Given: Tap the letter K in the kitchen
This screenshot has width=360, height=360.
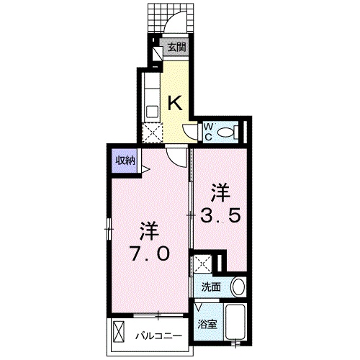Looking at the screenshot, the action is coord(176,103).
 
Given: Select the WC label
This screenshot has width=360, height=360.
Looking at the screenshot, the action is coord(208,132).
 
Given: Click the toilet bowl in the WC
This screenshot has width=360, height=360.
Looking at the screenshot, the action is coord(226,132).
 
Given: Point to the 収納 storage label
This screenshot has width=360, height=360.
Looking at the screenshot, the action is coord(125,161).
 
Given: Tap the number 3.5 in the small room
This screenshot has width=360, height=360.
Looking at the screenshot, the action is coord(220,215).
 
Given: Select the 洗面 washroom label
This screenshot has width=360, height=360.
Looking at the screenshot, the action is coord(211,287).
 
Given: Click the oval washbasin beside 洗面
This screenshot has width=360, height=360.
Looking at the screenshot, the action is coord(238,287).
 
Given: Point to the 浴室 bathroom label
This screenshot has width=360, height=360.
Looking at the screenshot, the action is coord(207,325).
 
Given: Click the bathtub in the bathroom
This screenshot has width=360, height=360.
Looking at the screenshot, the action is coord(235,321).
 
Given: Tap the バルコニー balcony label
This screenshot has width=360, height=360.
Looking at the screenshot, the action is coord(158,336).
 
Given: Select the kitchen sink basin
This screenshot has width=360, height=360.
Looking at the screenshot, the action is coord(153,112).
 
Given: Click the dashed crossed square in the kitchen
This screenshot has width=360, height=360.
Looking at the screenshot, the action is coord(152,132).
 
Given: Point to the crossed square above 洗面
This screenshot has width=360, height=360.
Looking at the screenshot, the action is coord(202,264).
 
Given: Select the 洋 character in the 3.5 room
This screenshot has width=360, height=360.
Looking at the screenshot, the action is coord(220,193).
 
